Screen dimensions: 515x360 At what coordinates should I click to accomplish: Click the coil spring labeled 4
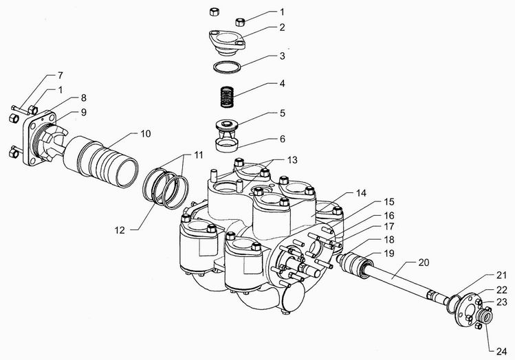(x=226, y=96)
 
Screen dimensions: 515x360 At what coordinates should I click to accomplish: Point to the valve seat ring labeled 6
(x=226, y=145)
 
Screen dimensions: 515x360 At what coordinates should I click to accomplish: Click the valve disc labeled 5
(x=226, y=128)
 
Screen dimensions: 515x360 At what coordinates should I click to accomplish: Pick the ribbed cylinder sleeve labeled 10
(x=101, y=161)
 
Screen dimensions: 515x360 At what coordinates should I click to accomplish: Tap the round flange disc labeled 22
(x=463, y=308)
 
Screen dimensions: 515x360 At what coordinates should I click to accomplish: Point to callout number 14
(x=361, y=193)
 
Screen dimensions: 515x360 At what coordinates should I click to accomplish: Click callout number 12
(x=120, y=230)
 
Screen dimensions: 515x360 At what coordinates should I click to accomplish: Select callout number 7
(x=60, y=76)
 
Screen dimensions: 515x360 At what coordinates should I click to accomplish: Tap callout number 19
(x=389, y=254)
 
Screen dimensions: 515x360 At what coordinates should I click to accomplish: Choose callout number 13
(x=292, y=160)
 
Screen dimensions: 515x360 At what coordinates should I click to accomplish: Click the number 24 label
(x=501, y=352)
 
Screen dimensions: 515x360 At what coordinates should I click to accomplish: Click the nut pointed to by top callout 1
(x=240, y=22)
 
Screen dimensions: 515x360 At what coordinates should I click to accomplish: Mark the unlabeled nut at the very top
(x=214, y=12)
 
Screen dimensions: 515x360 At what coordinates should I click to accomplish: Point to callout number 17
(x=389, y=227)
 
